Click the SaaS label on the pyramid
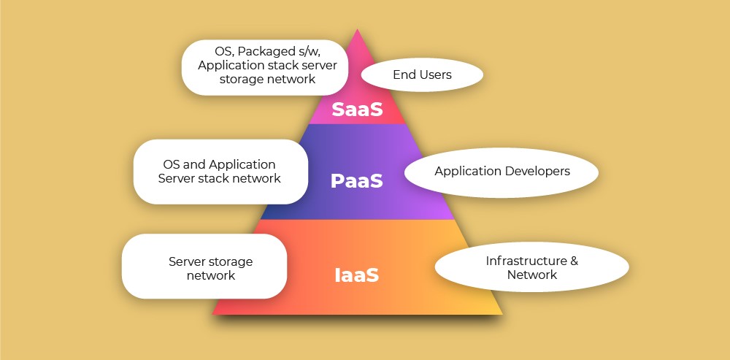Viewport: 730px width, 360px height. (x=357, y=110)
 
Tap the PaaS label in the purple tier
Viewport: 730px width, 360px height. (x=357, y=181)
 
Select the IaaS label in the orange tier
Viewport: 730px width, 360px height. (x=357, y=275)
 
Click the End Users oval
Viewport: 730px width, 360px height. (x=422, y=74)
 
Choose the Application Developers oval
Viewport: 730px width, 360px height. (x=502, y=172)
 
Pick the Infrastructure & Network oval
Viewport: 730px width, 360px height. (x=531, y=267)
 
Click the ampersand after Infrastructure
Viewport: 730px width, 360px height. (x=574, y=261)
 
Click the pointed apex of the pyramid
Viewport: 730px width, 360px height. (x=357, y=30)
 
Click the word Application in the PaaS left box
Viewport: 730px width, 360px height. (x=242, y=165)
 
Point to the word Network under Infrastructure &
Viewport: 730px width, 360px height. (x=532, y=275)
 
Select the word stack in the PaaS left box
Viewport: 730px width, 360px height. (x=210, y=178)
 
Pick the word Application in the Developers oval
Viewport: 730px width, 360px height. (x=466, y=172)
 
